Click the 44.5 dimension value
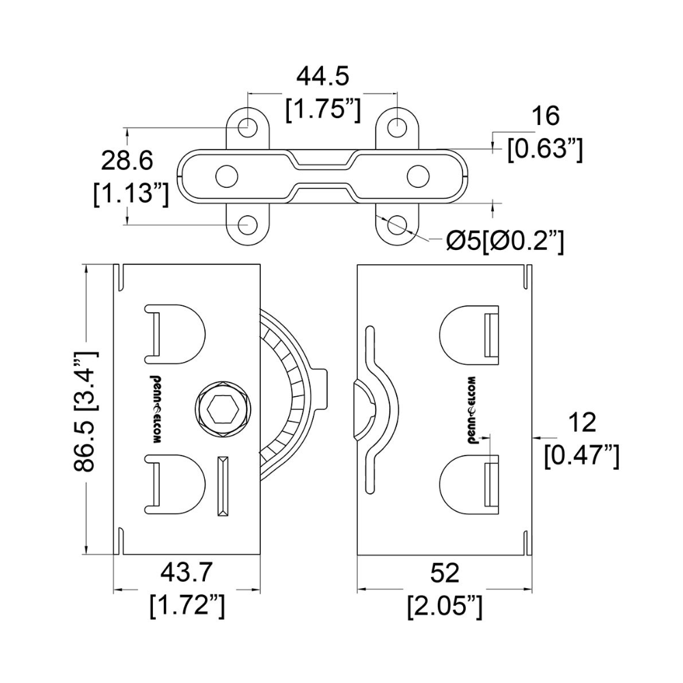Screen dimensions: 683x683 coord(323,76)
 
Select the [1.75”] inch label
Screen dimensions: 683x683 coord(323,109)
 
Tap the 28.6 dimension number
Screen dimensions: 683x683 coord(127,161)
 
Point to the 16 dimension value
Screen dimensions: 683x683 coord(545,116)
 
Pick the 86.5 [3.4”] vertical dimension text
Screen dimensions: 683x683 coord(86,412)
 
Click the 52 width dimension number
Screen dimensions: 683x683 coord(445,573)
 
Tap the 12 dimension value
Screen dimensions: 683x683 coord(582,423)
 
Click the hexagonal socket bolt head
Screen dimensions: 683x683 coord(223,408)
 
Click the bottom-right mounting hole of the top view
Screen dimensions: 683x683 coord(397,225)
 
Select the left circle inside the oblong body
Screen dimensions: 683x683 coord(227,176)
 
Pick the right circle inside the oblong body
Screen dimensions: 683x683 coord(418,176)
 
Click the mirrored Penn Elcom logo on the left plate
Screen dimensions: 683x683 coord(156,409)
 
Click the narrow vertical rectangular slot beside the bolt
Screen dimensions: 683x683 coord(223,486)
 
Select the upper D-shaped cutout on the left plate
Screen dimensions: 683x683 coord(174,334)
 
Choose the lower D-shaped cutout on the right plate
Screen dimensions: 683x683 coord(469,484)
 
